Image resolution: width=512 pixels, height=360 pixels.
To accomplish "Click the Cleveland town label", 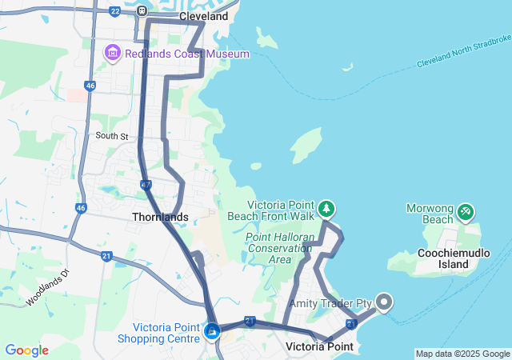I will tap(203, 16).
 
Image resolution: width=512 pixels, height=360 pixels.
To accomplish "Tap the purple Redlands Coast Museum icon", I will tap(112, 54).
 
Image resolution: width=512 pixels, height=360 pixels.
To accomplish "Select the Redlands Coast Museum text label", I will tap(186, 54).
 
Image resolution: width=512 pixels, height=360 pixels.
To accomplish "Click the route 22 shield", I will tap(114, 11).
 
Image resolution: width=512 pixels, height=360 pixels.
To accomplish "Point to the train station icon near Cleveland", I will tap(142, 11).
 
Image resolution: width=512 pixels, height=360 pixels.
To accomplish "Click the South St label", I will tap(112, 136).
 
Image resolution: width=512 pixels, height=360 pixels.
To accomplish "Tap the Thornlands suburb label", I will tap(160, 217).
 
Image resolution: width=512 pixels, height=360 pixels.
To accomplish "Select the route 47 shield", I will tap(146, 185).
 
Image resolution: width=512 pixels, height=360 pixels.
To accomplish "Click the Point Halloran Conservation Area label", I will tap(279, 248).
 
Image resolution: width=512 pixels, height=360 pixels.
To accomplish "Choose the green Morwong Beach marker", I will tap(465, 212).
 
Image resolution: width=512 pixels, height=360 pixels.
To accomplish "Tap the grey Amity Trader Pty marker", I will tap(384, 302).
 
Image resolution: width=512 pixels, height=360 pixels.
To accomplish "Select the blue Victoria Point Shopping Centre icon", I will tap(212, 330).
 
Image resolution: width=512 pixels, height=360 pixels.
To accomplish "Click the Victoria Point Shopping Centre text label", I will tap(166, 333).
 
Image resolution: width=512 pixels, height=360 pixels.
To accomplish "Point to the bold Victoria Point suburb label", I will tap(319, 346).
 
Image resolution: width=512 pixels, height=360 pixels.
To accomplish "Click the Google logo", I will tap(26, 350).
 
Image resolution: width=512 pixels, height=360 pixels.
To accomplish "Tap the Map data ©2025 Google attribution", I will tap(462, 354).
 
